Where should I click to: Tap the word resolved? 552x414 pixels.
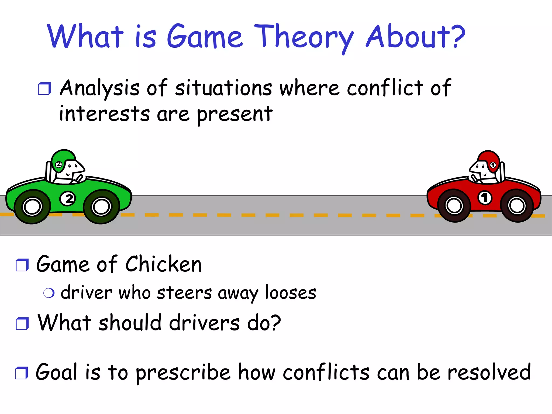(489, 372)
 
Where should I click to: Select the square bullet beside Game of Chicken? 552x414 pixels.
(22, 265)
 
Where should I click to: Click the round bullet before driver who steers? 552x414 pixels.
(49, 293)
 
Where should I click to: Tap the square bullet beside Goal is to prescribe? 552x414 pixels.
(21, 373)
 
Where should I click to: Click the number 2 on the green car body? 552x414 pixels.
(68, 199)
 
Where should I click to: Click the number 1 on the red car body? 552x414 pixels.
(485, 198)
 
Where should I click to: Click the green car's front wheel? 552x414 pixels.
(101, 207)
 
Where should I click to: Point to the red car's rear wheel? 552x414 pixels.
(516, 206)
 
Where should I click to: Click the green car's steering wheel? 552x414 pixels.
(79, 178)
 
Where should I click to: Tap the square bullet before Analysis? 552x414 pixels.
(44, 89)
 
